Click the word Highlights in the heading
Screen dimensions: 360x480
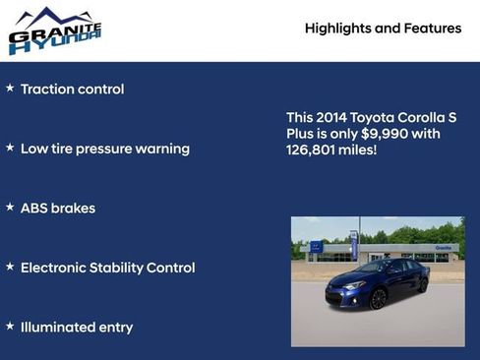[338, 29]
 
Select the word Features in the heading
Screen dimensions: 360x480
[432, 29]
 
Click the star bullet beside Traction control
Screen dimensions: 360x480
[10, 89]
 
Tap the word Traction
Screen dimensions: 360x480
[49, 90]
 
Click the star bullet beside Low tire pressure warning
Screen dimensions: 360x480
[10, 148]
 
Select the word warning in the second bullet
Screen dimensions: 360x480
[162, 149]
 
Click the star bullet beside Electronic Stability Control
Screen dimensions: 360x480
[10, 267]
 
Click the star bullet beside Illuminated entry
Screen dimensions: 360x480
[10, 326]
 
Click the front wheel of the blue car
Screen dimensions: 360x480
[378, 298]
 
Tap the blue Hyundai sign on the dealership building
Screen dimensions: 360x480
[317, 247]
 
